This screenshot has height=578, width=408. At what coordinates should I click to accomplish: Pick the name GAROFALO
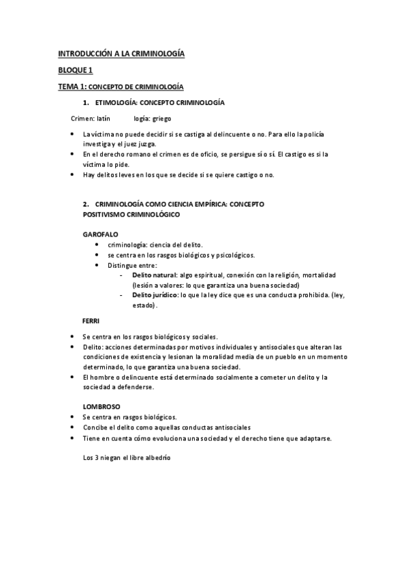pyautogui.click(x=100, y=234)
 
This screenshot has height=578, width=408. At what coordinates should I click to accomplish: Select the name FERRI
pyautogui.click(x=91, y=320)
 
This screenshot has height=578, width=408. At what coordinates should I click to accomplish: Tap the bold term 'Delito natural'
pyautogui.click(x=153, y=275)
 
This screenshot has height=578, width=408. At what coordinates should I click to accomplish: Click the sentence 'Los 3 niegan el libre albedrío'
pyautogui.click(x=126, y=457)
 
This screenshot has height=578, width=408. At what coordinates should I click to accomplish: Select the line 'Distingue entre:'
pyautogui.click(x=132, y=264)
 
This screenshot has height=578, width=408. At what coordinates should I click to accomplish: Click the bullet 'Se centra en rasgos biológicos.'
pyautogui.click(x=129, y=417)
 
